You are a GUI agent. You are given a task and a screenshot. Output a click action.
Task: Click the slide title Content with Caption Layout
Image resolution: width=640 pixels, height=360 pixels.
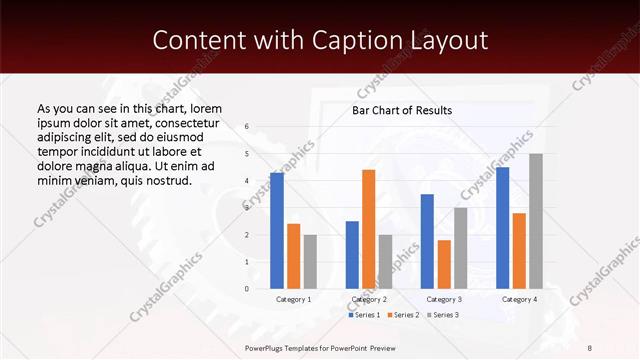[319, 41]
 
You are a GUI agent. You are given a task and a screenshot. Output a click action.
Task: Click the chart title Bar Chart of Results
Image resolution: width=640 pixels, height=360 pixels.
[402, 110]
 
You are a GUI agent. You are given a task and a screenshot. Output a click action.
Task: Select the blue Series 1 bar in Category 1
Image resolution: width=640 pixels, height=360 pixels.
[277, 230]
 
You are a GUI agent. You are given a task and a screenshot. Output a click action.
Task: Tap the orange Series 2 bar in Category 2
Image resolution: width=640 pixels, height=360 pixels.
[369, 229]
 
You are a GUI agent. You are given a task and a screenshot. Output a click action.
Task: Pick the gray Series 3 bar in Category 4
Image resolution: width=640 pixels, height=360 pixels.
[536, 221]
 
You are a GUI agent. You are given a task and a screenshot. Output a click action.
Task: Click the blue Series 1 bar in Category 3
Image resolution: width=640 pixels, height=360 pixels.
[427, 241]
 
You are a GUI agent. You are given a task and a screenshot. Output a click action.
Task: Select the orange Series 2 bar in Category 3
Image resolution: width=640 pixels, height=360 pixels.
[444, 264]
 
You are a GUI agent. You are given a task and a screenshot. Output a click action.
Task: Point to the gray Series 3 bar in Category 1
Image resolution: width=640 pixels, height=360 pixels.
[310, 261]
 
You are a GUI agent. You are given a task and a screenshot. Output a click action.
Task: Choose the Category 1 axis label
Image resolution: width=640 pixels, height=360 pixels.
[293, 299]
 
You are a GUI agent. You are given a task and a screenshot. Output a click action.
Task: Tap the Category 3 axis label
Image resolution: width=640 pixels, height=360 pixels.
[443, 299]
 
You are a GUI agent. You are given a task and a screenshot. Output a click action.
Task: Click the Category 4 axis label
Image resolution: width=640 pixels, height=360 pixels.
[519, 299]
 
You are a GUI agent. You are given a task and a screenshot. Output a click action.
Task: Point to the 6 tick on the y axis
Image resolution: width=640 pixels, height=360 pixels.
[247, 127]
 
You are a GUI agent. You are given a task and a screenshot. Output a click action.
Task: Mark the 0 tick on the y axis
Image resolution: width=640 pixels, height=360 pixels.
[247, 289]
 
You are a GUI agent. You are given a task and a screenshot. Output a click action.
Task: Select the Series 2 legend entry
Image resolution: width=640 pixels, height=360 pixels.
[404, 315]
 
